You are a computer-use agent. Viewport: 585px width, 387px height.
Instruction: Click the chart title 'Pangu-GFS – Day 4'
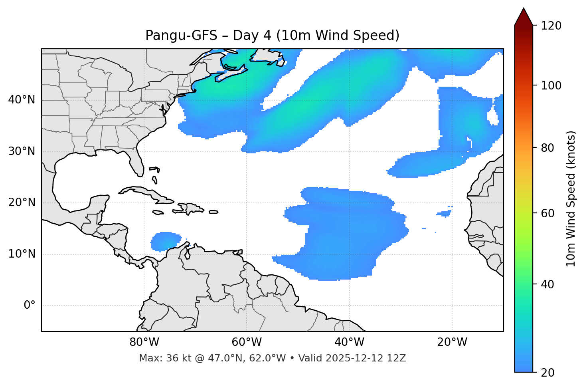pyautogui.click(x=272, y=36)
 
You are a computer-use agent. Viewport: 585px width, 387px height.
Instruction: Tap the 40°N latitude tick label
pyautogui.click(x=22, y=100)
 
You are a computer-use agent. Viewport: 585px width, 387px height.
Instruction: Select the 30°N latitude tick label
pyautogui.click(x=22, y=151)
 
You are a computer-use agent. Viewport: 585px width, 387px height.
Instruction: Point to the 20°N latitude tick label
pyautogui.click(x=22, y=202)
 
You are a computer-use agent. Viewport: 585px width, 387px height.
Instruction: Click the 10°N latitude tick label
pyautogui.click(x=22, y=254)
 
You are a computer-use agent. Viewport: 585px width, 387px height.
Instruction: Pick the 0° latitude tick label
pyautogui.click(x=30, y=306)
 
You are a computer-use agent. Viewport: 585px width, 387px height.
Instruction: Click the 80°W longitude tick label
pyautogui.click(x=144, y=342)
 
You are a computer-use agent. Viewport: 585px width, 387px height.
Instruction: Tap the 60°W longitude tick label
pyautogui.click(x=247, y=342)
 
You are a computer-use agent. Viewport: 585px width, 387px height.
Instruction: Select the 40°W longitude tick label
pyautogui.click(x=349, y=342)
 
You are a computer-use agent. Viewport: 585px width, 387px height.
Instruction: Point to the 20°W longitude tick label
pyautogui.click(x=452, y=342)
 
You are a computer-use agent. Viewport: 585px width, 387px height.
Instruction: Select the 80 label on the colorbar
pyautogui.click(x=550, y=148)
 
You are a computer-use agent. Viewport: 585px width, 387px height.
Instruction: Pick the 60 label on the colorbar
pyautogui.click(x=550, y=213)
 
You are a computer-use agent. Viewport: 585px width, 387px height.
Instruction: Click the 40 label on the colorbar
pyautogui.click(x=550, y=284)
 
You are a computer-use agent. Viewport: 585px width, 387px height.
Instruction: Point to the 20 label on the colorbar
pyautogui.click(x=550, y=373)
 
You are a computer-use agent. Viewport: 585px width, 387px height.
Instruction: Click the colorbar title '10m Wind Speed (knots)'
pyautogui.click(x=571, y=198)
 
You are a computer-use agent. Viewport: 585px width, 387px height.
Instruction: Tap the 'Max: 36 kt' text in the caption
pyautogui.click(x=159, y=358)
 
